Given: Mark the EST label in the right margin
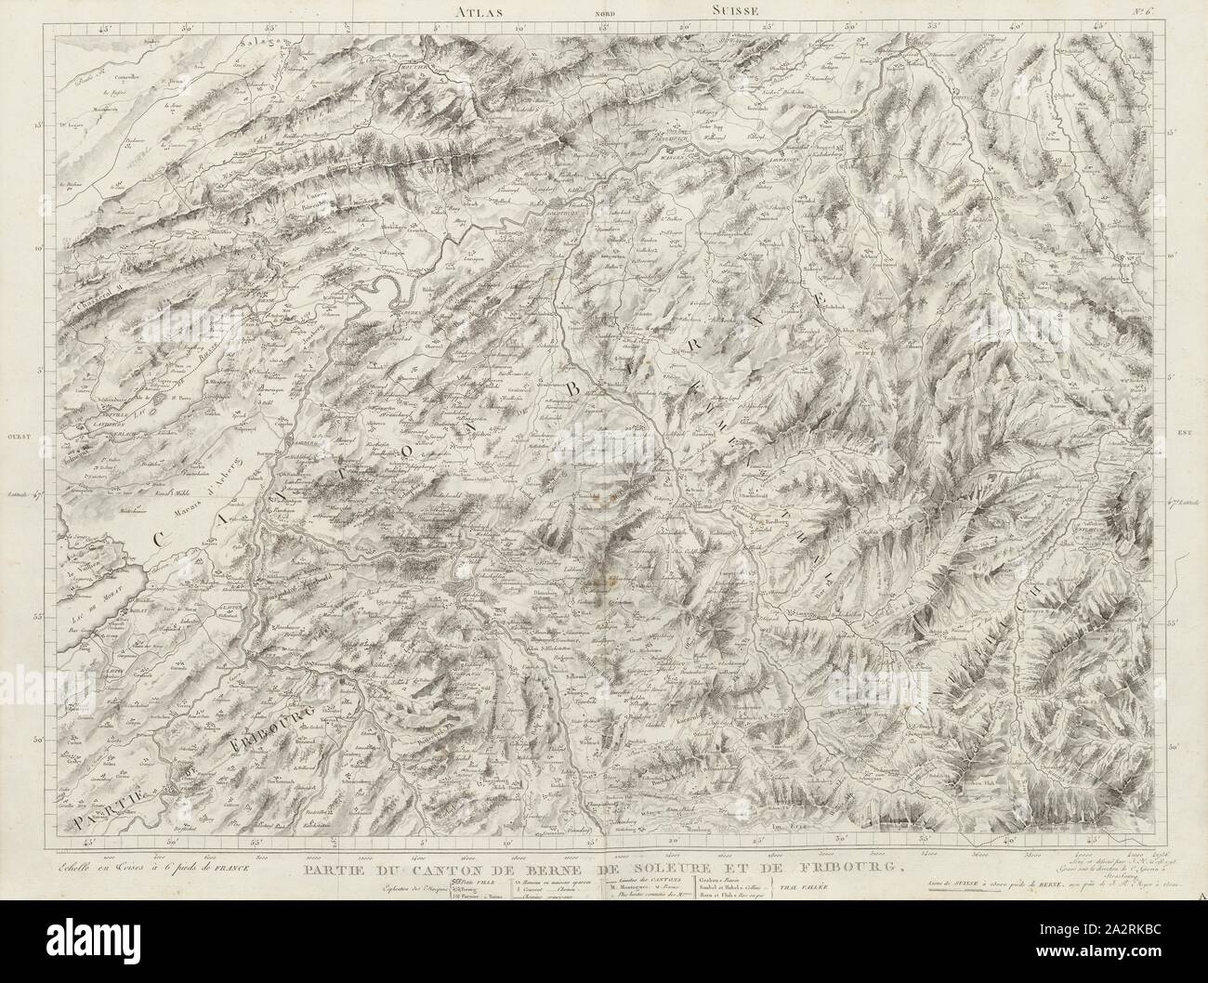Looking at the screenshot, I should (x=1182, y=433).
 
